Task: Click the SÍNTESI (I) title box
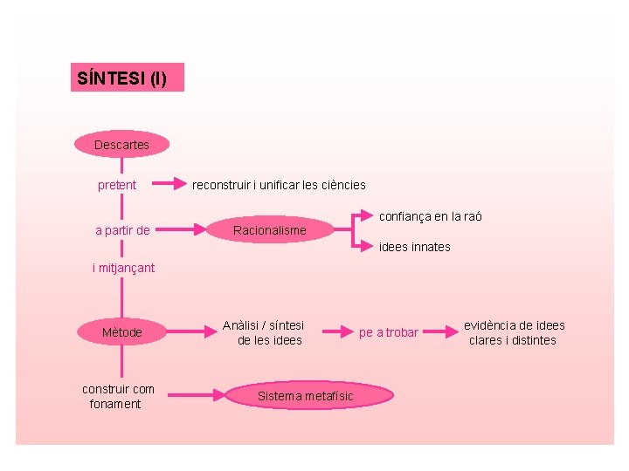tap(127, 78)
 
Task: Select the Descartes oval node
tap(121, 144)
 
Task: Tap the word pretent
tap(117, 185)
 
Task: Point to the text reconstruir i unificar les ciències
tap(279, 185)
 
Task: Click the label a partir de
tap(122, 230)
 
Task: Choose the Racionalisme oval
tap(270, 230)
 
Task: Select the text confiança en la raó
tap(430, 216)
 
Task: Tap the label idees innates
tap(415, 247)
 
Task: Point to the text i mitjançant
tap(123, 268)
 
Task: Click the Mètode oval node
tap(121, 332)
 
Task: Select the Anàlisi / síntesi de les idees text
tap(264, 332)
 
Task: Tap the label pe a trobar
tap(389, 332)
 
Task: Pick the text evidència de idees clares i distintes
tap(514, 332)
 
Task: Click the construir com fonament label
tap(118, 396)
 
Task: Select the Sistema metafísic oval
tap(306, 396)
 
